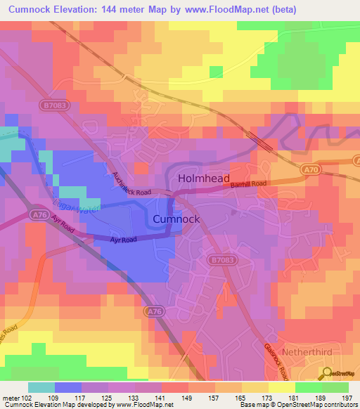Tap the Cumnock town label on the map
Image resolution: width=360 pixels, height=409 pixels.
176,219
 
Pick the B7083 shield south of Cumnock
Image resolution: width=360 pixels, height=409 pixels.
218,260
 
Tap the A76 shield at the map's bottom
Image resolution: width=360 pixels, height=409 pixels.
154,310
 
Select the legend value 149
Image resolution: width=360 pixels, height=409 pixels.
188,397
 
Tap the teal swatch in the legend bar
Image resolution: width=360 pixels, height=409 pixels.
41,387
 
